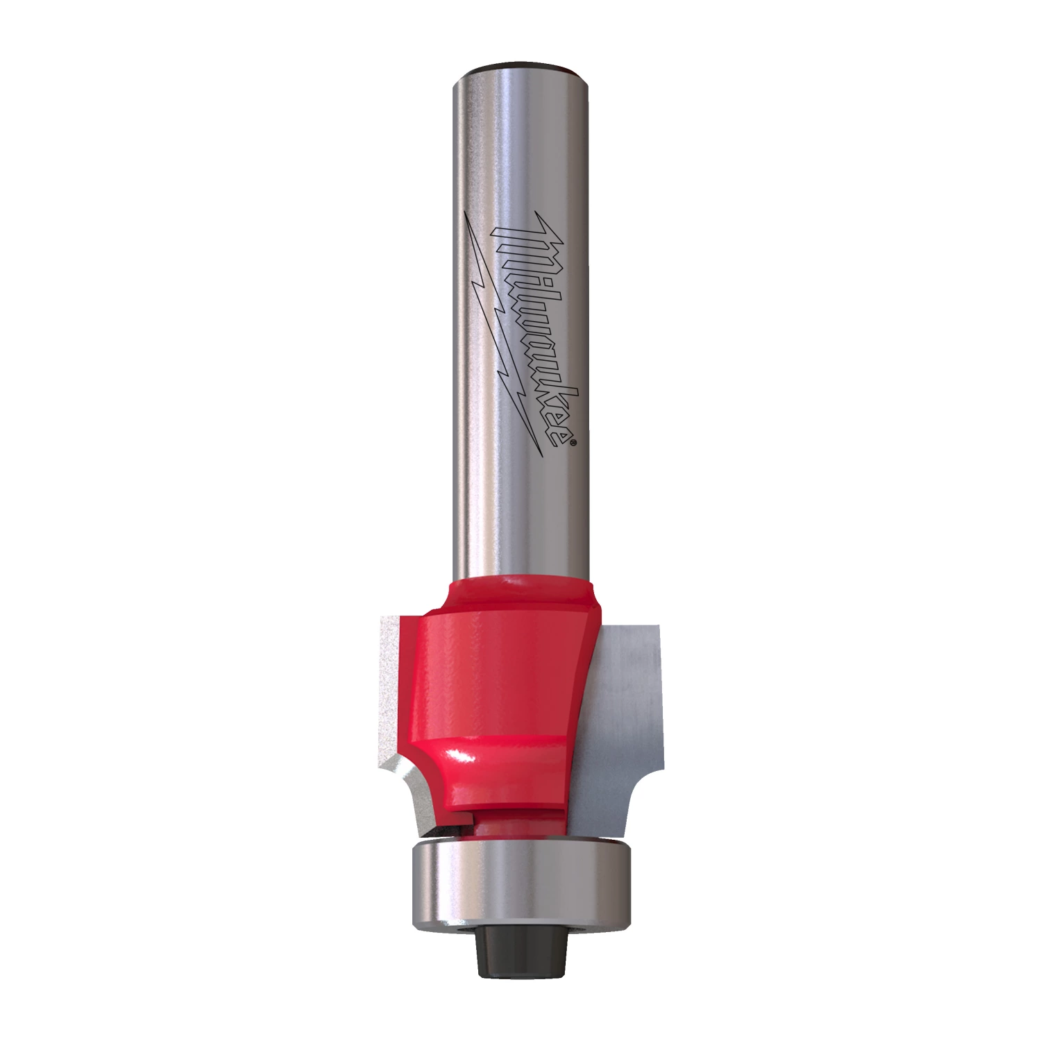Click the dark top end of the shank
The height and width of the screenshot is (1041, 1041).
(520, 67)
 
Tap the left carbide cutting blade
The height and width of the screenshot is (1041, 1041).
(396, 701)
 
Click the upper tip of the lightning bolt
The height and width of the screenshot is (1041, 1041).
(465, 215)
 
